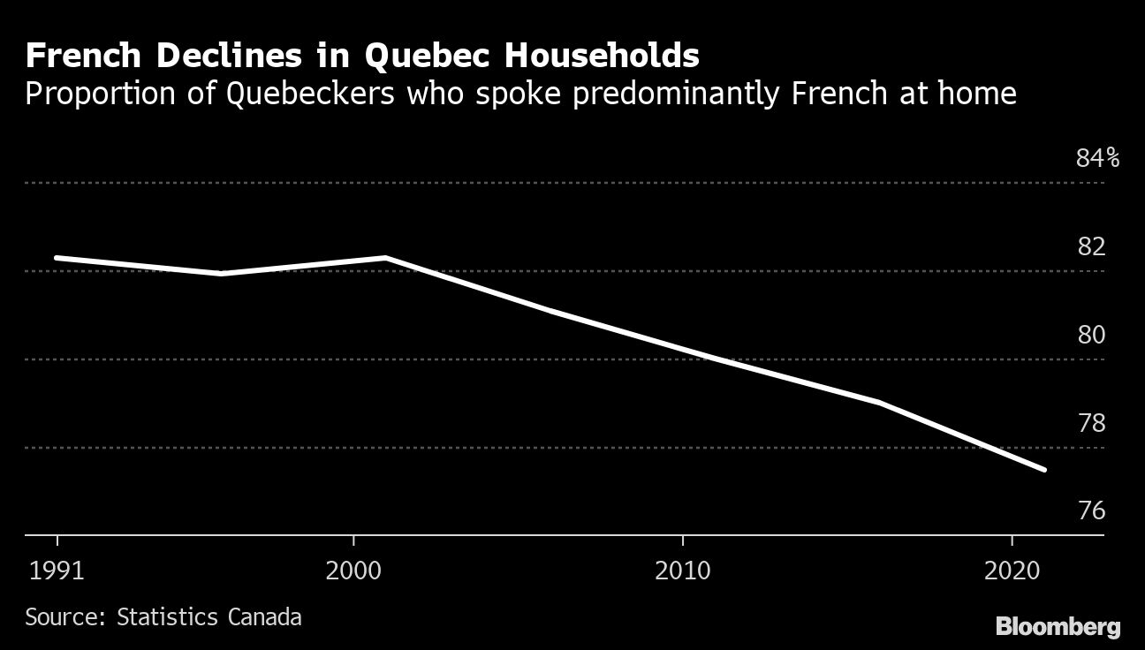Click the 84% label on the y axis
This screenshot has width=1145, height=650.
click(x=1097, y=159)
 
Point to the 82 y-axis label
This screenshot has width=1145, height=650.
click(x=1091, y=246)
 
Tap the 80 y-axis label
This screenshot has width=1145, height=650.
click(x=1091, y=335)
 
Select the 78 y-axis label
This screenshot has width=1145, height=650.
click(x=1091, y=423)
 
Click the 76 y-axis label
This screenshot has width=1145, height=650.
click(x=1091, y=511)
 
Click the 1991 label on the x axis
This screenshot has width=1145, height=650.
click(x=57, y=571)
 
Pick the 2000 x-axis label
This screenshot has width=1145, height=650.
click(x=353, y=571)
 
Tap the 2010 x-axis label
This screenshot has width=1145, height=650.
click(x=683, y=571)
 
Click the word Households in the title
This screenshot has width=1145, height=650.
click(x=602, y=57)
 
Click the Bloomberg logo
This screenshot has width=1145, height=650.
click(x=1058, y=627)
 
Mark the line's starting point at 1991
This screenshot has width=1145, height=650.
click(x=56, y=258)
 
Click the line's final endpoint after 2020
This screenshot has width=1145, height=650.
click(x=1045, y=470)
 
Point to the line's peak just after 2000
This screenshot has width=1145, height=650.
click(x=386, y=257)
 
